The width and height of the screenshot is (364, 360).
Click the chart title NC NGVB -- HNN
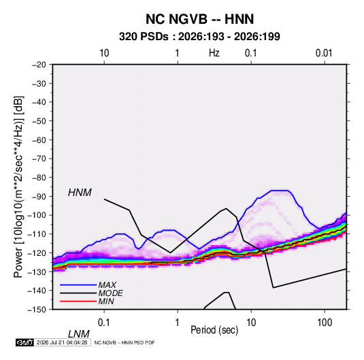(199, 19)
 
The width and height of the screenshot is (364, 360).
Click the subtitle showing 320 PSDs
(199, 37)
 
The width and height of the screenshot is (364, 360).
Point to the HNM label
(80, 193)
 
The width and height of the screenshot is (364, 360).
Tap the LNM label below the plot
(79, 334)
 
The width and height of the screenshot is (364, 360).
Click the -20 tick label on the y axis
(39, 65)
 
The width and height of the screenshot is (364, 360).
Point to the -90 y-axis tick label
(39, 197)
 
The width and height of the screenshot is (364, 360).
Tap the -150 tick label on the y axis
(37, 310)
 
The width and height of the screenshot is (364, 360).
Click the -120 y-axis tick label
(37, 253)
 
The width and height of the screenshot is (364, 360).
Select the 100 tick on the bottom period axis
(325, 323)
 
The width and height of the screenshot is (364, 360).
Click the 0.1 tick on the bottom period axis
(104, 323)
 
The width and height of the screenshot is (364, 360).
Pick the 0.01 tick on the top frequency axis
(324, 53)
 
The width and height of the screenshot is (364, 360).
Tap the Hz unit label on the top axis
(214, 53)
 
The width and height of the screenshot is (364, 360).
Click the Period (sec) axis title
(214, 330)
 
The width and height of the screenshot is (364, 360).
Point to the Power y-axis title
(19, 187)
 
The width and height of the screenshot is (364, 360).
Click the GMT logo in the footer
(24, 342)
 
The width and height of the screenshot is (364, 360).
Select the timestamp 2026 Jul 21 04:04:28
(62, 342)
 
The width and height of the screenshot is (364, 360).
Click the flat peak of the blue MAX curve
(280, 191)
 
